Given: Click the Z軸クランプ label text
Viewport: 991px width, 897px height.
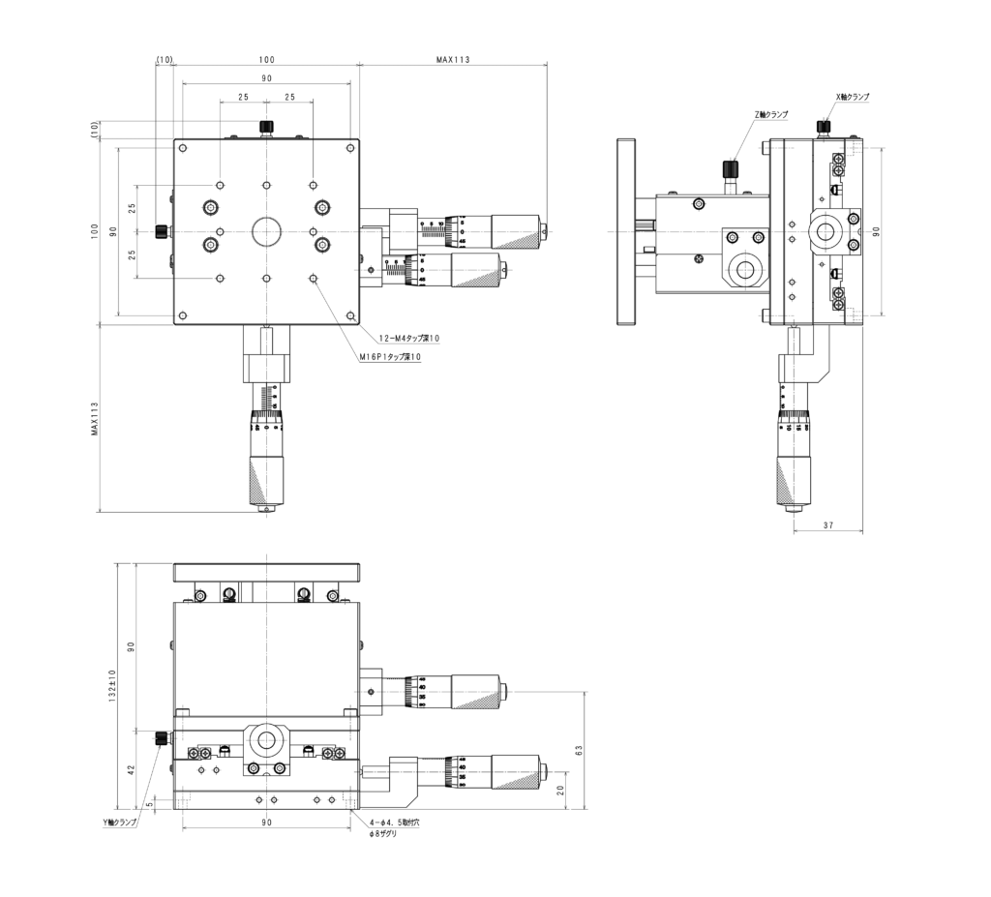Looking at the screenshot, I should coord(770,114).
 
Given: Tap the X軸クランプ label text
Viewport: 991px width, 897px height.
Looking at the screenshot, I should coord(852,97).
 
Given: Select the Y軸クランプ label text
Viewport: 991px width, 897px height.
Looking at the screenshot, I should coord(120,822).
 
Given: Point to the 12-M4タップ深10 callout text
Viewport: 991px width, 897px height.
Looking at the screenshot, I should coord(409,338).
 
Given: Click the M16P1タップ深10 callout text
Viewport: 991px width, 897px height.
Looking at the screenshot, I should coord(390,356).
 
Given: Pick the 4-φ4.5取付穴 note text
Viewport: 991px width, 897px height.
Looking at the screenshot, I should coord(394,822).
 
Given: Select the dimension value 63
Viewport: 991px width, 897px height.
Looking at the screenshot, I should coord(579,749).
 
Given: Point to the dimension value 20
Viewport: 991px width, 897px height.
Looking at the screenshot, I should coord(561,790).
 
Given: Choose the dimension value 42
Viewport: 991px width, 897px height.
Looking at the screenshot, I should coord(133,770).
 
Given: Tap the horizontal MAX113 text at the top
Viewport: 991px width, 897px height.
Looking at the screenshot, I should coord(452,60).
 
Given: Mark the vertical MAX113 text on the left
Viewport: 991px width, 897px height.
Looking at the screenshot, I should coord(95,419).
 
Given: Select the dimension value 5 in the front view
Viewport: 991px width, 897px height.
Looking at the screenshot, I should coord(149,803).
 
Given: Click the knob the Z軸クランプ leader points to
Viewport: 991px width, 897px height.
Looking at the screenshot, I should coord(733,170).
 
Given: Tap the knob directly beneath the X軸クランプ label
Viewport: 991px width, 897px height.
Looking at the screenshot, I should coord(825,127).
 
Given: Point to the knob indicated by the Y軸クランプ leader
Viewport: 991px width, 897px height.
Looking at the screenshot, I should coord(161,739).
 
